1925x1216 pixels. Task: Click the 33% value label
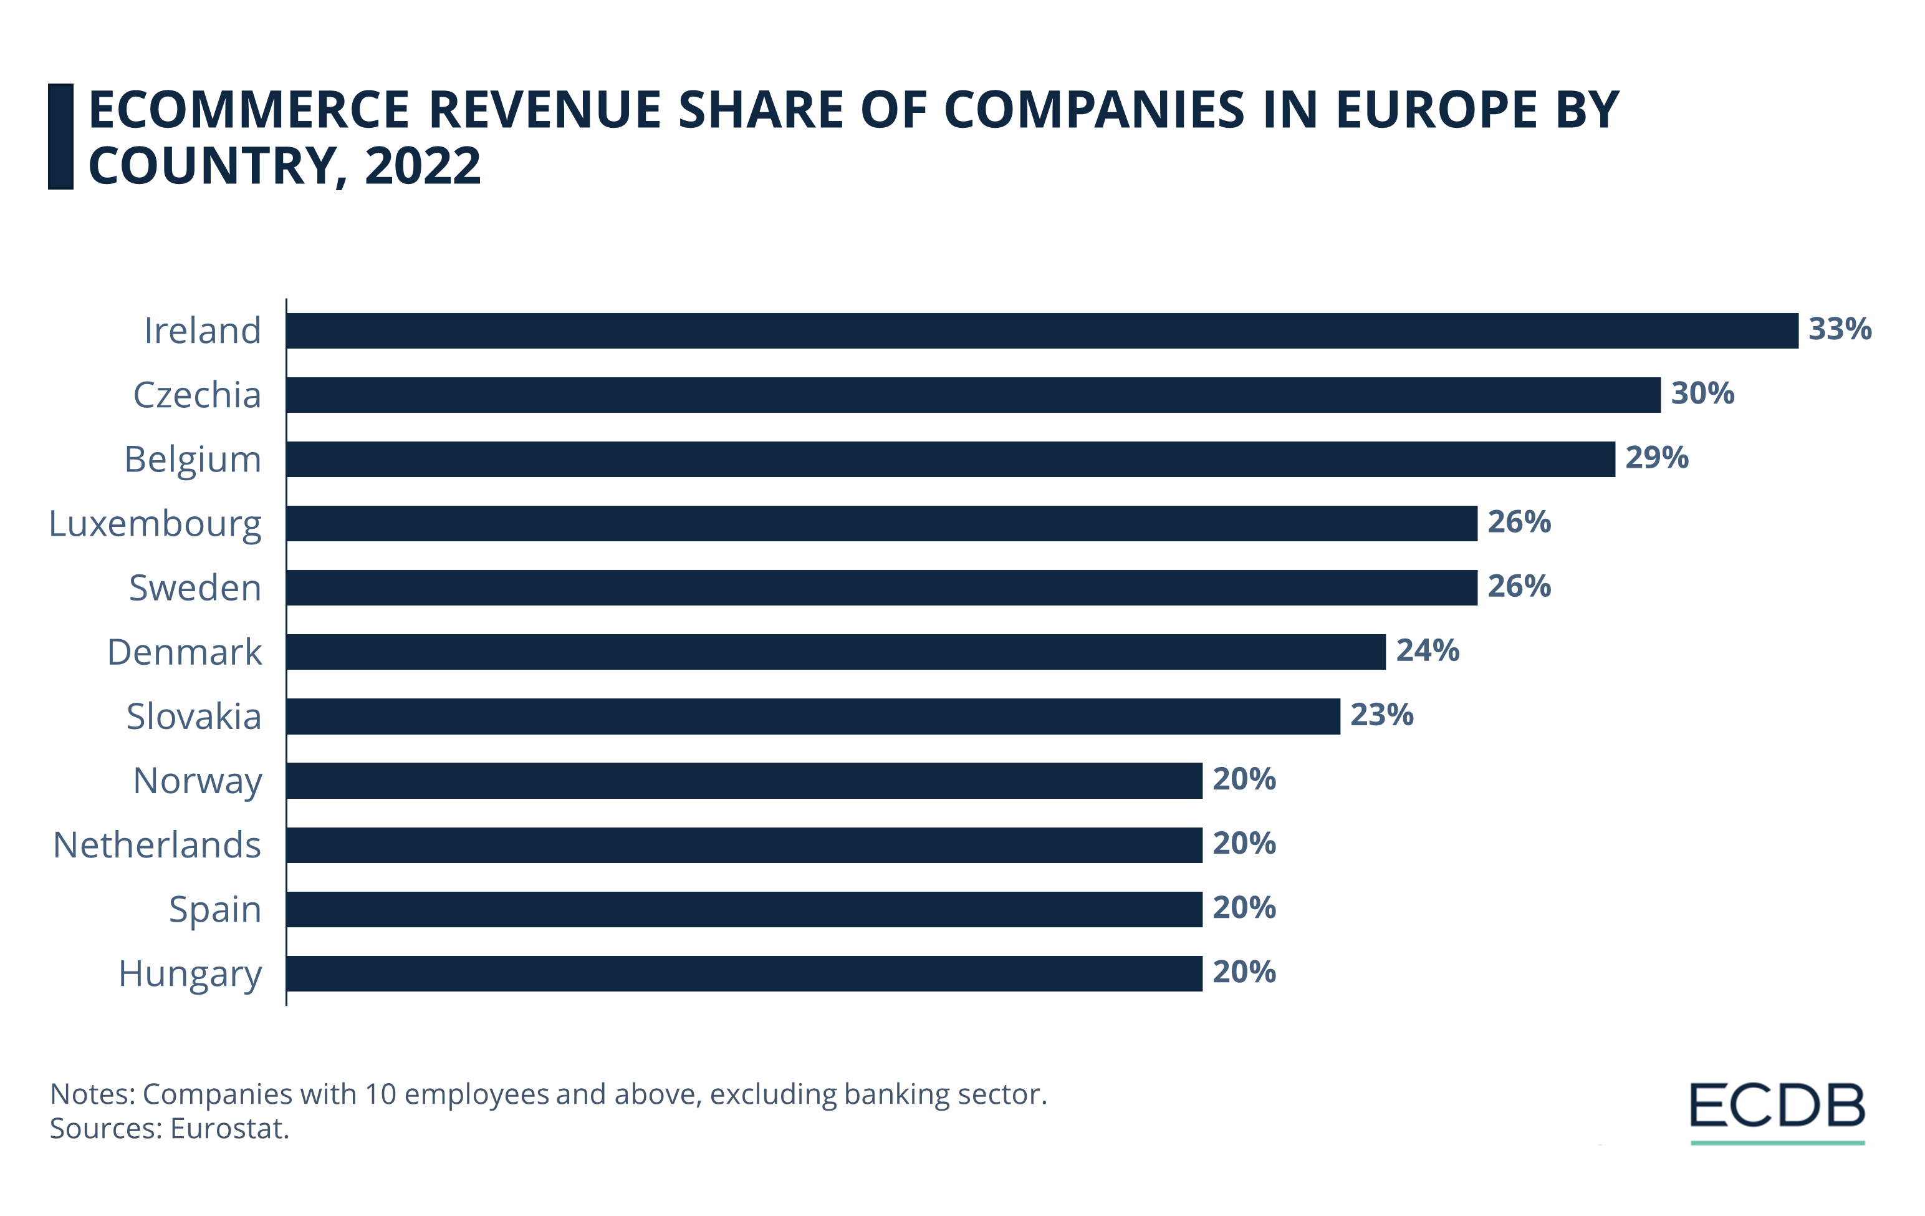pyautogui.click(x=1840, y=329)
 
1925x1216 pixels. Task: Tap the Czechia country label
pyautogui.click(x=196, y=395)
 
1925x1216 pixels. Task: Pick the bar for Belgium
pyautogui.click(x=949, y=459)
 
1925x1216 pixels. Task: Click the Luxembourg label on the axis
pyautogui.click(x=155, y=524)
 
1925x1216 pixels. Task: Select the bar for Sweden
pyautogui.click(x=881, y=587)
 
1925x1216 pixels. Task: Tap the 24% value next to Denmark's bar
pyautogui.click(x=1427, y=651)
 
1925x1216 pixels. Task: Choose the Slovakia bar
pyautogui.click(x=812, y=717)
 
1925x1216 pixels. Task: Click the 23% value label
pyautogui.click(x=1381, y=715)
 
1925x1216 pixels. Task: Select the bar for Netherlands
pyautogui.click(x=744, y=845)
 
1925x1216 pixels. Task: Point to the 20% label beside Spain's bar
pyautogui.click(x=1244, y=908)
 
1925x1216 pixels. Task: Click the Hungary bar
pyautogui.click(x=744, y=974)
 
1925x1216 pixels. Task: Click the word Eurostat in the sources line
pyautogui.click(x=229, y=1129)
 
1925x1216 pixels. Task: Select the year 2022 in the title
pyautogui.click(x=422, y=166)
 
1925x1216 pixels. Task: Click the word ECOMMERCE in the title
pyautogui.click(x=249, y=110)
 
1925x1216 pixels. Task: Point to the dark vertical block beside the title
pyautogui.click(x=60, y=137)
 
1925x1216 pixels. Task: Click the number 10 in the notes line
pyautogui.click(x=380, y=1094)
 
